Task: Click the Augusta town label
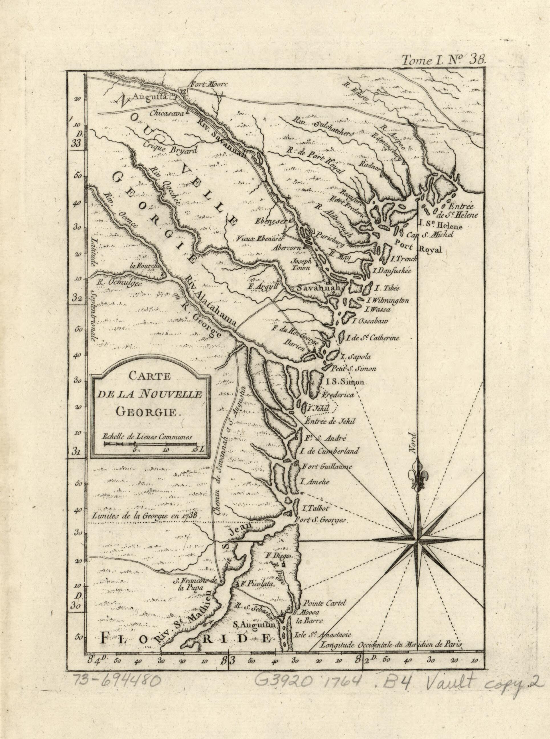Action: tap(149, 97)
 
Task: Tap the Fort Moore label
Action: tap(208, 84)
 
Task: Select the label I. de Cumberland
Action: tap(329, 452)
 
